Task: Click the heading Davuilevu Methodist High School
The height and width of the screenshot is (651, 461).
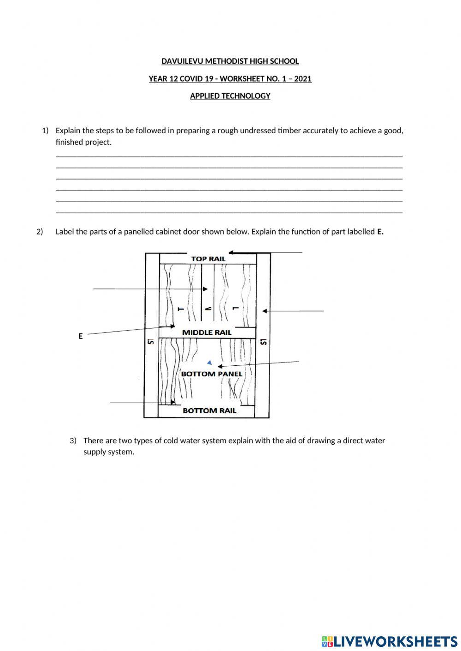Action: pos(230,61)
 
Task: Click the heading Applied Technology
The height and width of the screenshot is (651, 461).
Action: pos(230,96)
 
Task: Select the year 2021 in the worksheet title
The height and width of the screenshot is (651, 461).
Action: pos(302,79)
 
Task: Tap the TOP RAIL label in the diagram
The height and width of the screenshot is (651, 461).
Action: pos(208,259)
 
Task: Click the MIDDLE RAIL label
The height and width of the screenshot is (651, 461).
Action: pos(207,332)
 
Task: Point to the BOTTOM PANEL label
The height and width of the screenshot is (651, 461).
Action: pos(211,374)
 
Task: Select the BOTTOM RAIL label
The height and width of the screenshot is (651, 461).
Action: pos(209,411)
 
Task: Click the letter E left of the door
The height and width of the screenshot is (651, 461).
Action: pos(81,336)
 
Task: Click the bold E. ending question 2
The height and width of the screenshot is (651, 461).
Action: pos(380,232)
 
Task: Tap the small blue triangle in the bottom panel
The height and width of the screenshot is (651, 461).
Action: pos(210,363)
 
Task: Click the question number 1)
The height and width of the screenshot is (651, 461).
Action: pos(45,131)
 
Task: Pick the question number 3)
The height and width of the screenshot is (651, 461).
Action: pos(73,440)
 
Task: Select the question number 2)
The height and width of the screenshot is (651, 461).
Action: pos(40,232)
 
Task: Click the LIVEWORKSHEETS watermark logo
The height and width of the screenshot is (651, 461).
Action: pos(389,641)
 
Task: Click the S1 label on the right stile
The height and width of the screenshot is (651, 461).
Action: pos(263,341)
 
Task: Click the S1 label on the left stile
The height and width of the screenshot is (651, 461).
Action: pos(150,341)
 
